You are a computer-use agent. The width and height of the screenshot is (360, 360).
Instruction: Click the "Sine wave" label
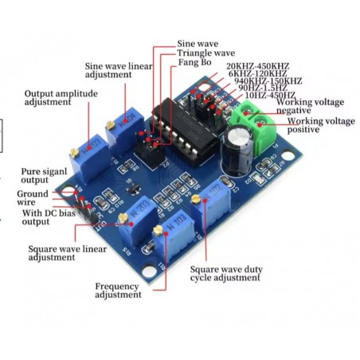tap(198, 44)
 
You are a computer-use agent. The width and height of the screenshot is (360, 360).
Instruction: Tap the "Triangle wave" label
tap(206, 53)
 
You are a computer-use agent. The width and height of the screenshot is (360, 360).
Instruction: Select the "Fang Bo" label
tap(194, 62)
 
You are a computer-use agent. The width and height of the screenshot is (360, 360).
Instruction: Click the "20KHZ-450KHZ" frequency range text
tap(258, 66)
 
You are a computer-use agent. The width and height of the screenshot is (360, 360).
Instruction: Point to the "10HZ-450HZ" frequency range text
tap(270, 95)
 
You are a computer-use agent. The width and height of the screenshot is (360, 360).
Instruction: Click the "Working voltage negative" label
tap(310, 106)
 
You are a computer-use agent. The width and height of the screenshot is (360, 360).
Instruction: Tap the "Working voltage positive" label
tap(321, 125)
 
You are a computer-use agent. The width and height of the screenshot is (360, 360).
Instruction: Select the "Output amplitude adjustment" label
tap(61, 98)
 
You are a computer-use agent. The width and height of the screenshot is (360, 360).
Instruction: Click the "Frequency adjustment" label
tap(118, 291)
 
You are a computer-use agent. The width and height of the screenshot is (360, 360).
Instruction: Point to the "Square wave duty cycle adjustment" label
tap(226, 273)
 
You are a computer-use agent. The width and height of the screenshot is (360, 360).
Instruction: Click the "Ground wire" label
tap(33, 198)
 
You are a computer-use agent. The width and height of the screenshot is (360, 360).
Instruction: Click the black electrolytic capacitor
tap(237, 151)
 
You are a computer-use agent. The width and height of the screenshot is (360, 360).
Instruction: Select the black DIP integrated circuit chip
tap(186, 130)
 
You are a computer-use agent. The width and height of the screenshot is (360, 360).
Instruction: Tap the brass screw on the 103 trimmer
tap(158, 230)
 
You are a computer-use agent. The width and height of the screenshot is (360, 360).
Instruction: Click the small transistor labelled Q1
tap(133, 189)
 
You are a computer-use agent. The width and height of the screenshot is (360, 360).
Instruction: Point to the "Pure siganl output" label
tap(44, 175)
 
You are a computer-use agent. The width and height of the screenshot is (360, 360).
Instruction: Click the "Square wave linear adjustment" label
tap(68, 253)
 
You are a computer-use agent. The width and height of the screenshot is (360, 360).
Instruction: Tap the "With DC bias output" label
tap(49, 217)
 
